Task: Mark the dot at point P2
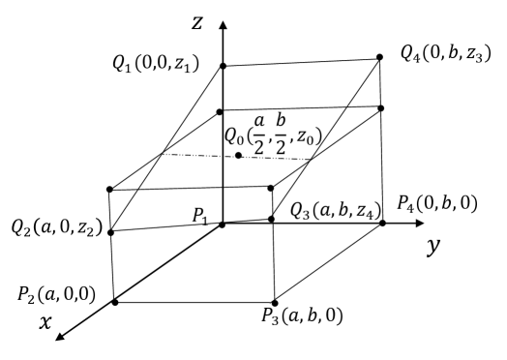click(x=115, y=302)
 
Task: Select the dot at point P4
click(x=383, y=224)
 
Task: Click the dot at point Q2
click(x=112, y=232)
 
